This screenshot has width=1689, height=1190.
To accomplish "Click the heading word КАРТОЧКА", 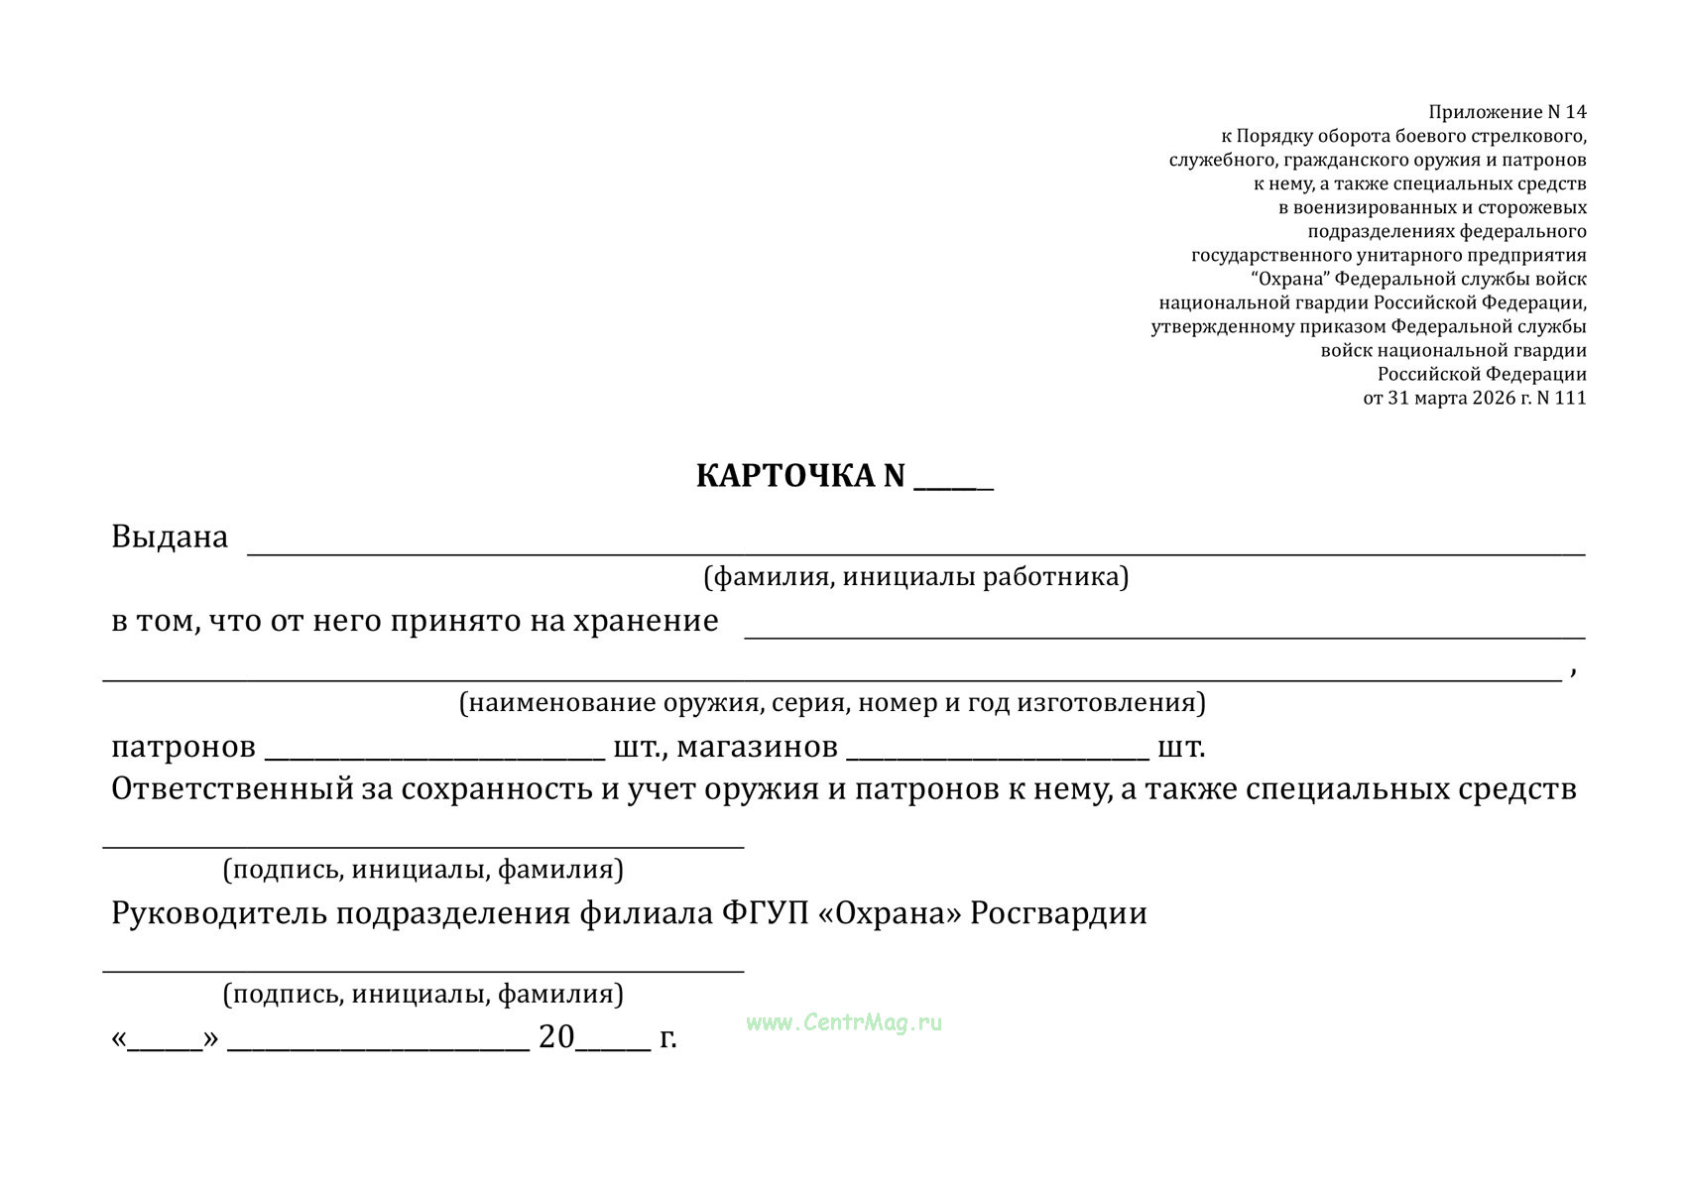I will [785, 477].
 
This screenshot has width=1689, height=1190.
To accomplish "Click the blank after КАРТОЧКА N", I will [953, 484].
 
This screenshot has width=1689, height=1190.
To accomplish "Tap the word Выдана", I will [170, 537].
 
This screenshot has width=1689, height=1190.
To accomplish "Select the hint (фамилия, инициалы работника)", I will [915, 577].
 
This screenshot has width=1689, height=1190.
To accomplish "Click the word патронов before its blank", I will [183, 747].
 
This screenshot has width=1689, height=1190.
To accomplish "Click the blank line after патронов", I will [434, 756].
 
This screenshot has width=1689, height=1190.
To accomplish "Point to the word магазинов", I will [757, 747].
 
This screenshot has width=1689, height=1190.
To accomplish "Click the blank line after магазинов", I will [997, 756].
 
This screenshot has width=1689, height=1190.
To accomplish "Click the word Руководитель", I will [218, 913].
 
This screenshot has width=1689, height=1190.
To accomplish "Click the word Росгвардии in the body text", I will [1058, 913].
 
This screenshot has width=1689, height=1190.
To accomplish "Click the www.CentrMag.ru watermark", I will [844, 1022].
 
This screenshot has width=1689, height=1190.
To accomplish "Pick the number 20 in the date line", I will [556, 1037].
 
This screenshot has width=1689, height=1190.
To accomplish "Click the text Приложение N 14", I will [1507, 113].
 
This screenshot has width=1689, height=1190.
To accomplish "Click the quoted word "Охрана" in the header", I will [1290, 280].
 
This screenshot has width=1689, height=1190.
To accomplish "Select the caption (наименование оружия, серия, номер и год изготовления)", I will [832, 703].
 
